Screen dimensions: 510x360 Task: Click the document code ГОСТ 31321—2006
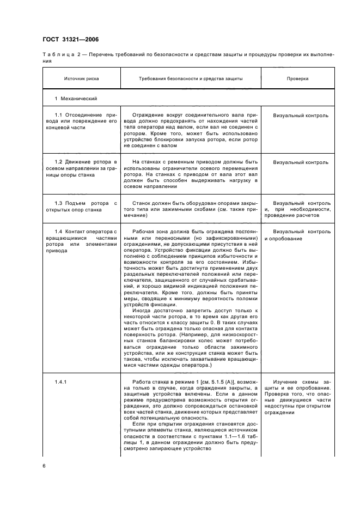coord(68,39)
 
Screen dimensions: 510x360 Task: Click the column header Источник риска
coord(81,78)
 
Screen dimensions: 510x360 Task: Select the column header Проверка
coord(298,78)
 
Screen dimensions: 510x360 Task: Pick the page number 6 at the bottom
coord(45,466)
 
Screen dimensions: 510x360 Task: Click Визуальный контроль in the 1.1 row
coord(301,116)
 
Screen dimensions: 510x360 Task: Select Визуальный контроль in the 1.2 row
coord(301,162)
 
